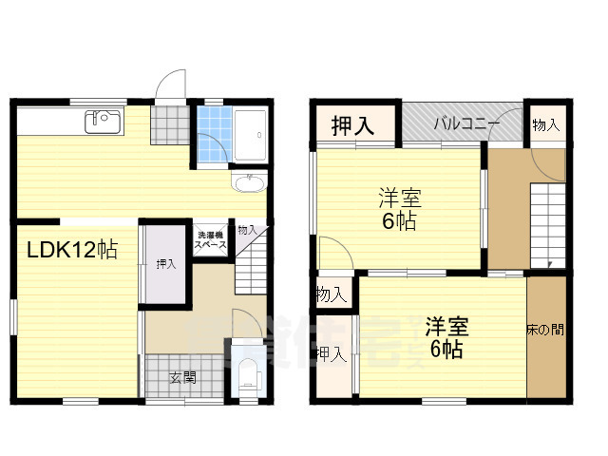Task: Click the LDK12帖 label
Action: (71, 251)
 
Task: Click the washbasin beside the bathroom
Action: (252, 182)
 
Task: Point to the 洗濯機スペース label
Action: (209, 239)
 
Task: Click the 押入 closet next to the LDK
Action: (165, 264)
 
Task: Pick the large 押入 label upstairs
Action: (351, 123)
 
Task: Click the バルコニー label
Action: (461, 123)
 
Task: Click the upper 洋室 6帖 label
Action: (399, 210)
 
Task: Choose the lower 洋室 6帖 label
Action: (445, 337)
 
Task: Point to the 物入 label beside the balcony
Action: (546, 124)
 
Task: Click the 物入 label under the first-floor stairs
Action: (247, 230)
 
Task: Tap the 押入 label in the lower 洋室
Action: (330, 355)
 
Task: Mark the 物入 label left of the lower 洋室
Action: (330, 294)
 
